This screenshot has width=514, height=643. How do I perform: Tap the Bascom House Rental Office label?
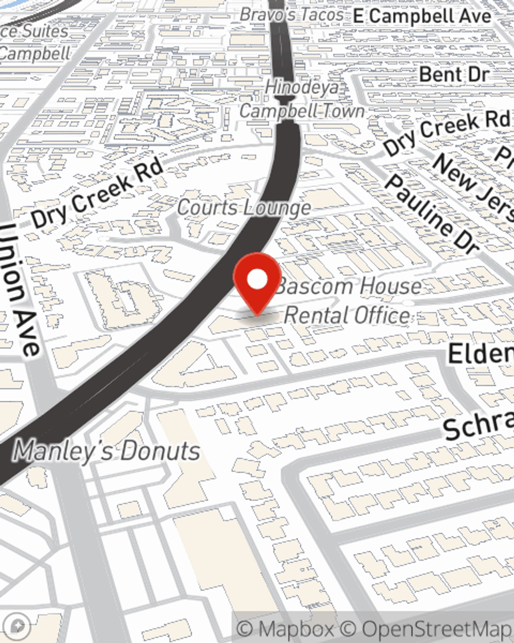pos(348,300)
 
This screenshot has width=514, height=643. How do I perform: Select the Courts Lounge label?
pos(244,208)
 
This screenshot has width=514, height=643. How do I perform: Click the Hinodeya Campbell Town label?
pos(302,99)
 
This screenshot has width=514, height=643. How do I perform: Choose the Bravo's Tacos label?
pos(292,14)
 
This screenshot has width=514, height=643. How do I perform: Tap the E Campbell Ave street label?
pos(422,16)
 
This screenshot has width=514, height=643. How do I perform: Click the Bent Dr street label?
pos(453,75)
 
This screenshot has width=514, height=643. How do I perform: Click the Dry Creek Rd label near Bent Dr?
pos(446,132)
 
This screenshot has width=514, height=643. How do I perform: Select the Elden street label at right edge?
pos(481,354)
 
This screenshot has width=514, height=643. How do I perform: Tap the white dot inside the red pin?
pos(257,280)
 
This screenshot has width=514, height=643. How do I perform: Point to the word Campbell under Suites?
pos(35,53)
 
